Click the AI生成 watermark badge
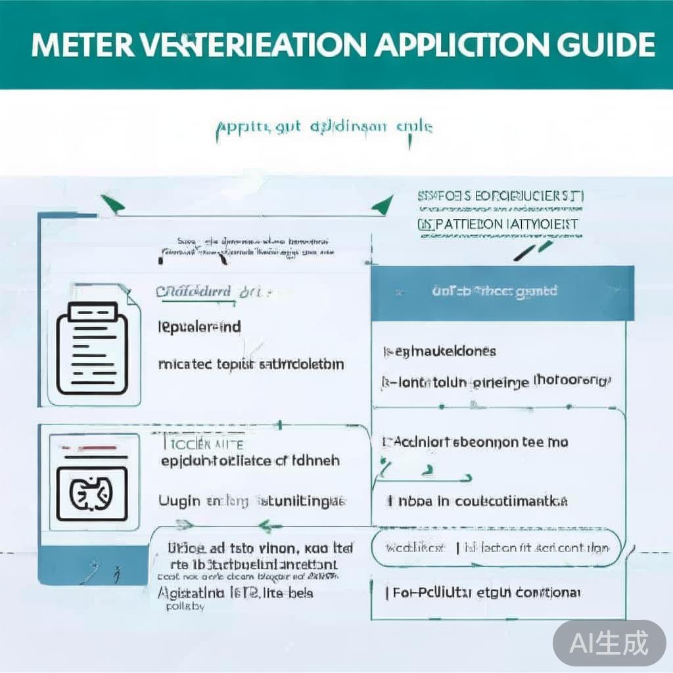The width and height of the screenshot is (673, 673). (609, 643)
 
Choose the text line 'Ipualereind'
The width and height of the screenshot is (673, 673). (200, 327)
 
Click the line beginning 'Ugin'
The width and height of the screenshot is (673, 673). (251, 501)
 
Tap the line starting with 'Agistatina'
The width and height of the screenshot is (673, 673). (235, 593)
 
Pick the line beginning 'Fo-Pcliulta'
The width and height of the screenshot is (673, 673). (483, 593)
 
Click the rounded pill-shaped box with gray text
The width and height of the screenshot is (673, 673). (497, 547)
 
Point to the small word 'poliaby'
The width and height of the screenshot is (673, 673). (181, 607)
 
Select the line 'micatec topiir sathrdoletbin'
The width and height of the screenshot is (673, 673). (251, 363)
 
